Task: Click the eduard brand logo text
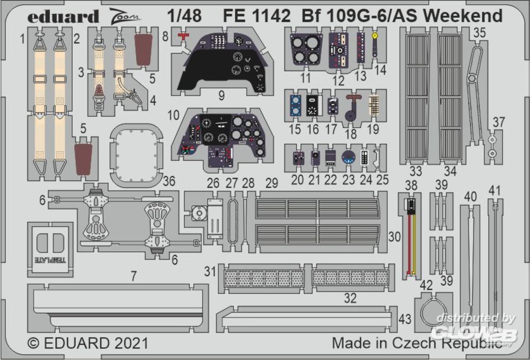pyautogui.click(x=63, y=17)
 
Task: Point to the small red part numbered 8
pyautogui.click(x=183, y=36)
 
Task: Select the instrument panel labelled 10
pyautogui.click(x=223, y=138)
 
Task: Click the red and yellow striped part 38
pyautogui.click(x=410, y=236)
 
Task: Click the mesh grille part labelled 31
pyautogui.click(x=263, y=278)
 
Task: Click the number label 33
pyautogui.click(x=417, y=171)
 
